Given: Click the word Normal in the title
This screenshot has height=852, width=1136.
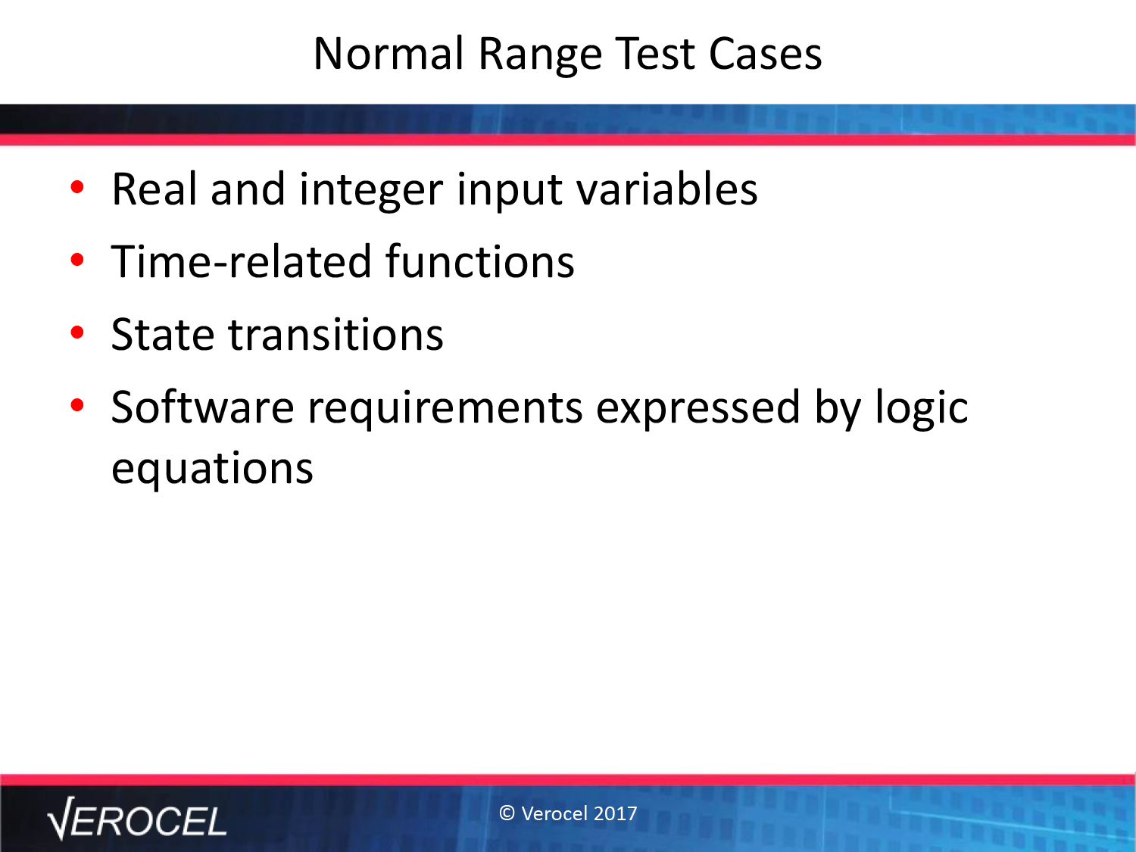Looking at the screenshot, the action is pos(389,54).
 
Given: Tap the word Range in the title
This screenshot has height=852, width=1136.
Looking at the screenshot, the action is pos(540,57).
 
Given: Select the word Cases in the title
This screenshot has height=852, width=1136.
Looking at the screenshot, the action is pos(765,54).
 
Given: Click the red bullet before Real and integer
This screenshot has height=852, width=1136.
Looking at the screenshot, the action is pos(77,187).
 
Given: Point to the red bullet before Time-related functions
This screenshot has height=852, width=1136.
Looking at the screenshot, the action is pos(77,260).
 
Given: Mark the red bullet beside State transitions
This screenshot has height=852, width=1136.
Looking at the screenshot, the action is pos(77,332).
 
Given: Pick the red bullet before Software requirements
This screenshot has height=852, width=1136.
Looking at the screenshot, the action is pos(77,406).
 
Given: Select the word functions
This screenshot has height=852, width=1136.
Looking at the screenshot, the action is pos(479,261).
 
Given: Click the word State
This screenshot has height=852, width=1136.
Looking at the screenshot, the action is pos(163,335).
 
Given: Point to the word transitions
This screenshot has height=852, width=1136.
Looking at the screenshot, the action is pos(336,335).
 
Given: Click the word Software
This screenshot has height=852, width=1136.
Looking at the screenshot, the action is pos(203,407).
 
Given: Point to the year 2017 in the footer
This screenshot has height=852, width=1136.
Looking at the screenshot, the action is pos(616,813).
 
